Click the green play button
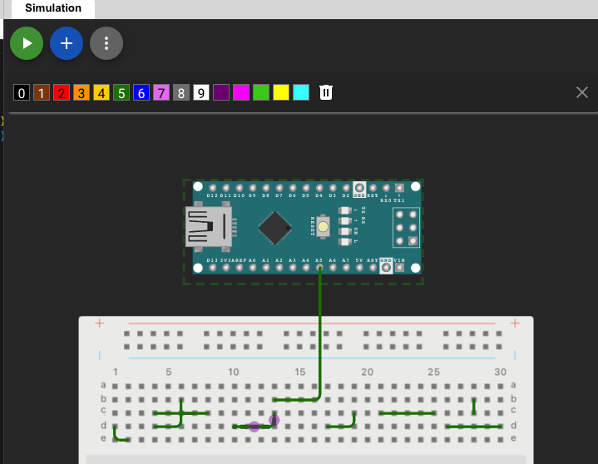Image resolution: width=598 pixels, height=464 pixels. (x=27, y=43)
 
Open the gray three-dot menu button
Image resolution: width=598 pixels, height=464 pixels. (x=106, y=43)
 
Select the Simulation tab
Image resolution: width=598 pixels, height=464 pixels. (x=52, y=8)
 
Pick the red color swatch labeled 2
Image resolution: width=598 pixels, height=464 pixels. (x=61, y=92)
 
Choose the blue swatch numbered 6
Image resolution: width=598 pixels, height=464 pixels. (x=141, y=92)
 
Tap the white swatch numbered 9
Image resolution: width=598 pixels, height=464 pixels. (x=200, y=92)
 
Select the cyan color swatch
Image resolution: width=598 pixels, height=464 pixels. (x=301, y=92)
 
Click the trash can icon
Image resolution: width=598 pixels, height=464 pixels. (x=326, y=92)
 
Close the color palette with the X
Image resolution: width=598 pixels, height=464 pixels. (x=582, y=91)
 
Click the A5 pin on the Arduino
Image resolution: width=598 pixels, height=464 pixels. (x=319, y=268)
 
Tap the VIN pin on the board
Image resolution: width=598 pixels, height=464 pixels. (x=399, y=268)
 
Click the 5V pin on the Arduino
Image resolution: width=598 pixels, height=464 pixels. (x=359, y=268)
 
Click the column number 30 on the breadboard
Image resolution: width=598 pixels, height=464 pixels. (x=500, y=372)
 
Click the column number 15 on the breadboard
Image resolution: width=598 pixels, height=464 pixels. (x=300, y=372)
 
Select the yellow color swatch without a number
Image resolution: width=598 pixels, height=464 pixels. (x=281, y=92)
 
